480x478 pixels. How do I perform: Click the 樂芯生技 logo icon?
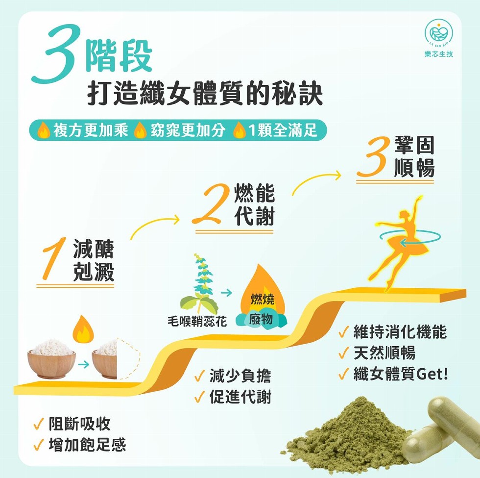pos(439,32)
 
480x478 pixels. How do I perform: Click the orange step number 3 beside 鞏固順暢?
pos(373,156)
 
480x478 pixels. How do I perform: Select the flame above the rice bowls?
pos(83,329)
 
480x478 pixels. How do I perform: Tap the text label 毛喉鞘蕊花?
pos(197,322)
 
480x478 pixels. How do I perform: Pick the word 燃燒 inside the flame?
pos(263,299)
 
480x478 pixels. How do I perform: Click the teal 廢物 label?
pos(261,319)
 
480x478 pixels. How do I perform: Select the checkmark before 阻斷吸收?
pos(39,424)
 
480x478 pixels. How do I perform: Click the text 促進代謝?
pos(240,397)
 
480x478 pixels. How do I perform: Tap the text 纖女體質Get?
pos(401,374)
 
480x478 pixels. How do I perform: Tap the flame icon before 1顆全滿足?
pos(240,130)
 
